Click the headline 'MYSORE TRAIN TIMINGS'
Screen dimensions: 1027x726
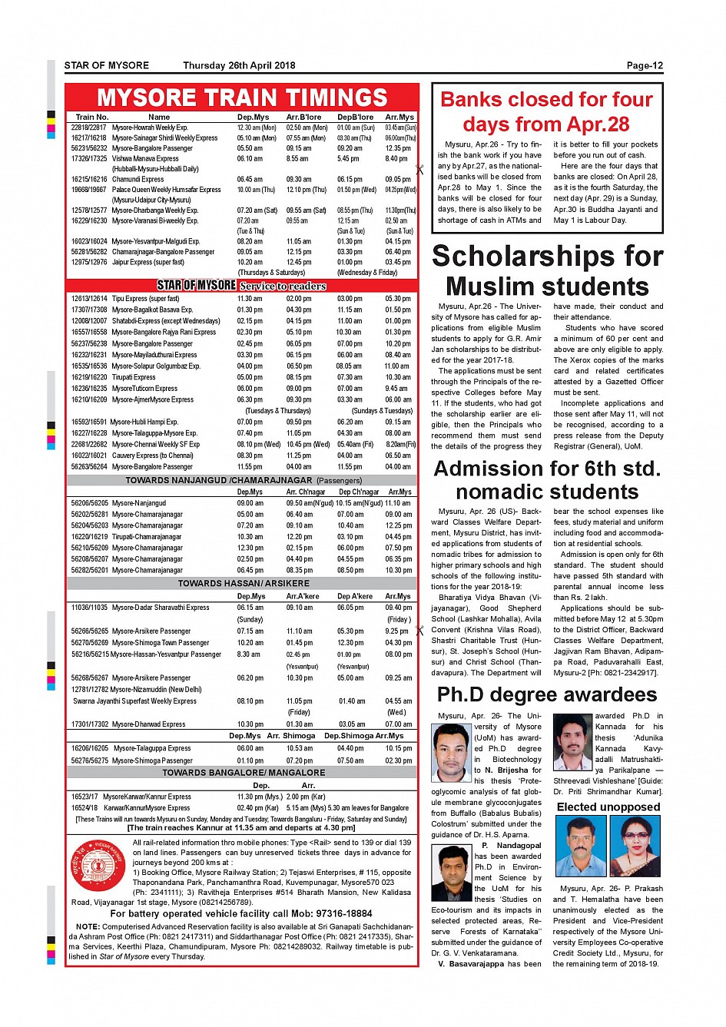pyautogui.click(x=242, y=98)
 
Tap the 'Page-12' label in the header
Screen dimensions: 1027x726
pyautogui.click(x=644, y=66)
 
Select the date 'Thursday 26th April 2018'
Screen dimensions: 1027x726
pyautogui.click(x=239, y=66)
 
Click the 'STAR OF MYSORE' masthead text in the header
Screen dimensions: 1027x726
pyautogui.click(x=107, y=66)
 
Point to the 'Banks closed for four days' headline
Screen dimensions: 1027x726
pyautogui.click(x=546, y=111)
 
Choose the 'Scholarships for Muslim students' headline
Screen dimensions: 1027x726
pyautogui.click(x=547, y=270)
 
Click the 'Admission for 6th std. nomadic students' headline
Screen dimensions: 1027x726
pyautogui.click(x=547, y=480)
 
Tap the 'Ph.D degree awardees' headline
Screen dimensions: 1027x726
pyautogui.click(x=547, y=694)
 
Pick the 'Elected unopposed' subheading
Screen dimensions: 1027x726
pyautogui.click(x=608, y=807)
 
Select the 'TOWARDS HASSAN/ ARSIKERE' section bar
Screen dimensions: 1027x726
pyautogui.click(x=244, y=583)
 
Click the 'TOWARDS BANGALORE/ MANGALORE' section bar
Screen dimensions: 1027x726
pyautogui.click(x=244, y=772)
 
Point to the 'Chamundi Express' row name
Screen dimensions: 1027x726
pyautogui.click(x=138, y=179)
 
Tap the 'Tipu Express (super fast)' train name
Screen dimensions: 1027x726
pyautogui.click(x=145, y=299)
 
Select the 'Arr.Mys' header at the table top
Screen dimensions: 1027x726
pyautogui.click(x=399, y=118)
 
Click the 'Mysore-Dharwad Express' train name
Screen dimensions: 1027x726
pyautogui.click(x=148, y=724)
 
